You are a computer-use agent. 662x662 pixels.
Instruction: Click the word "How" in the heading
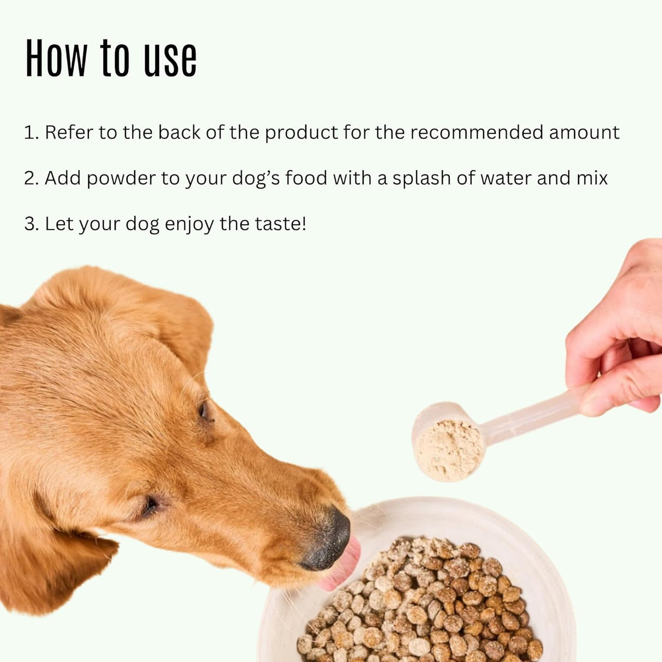56,58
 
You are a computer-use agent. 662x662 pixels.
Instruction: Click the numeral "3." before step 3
31,224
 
